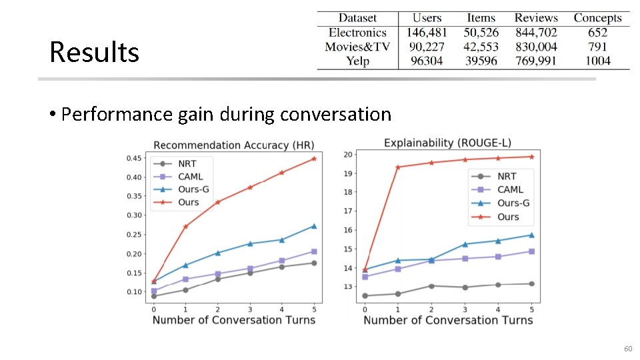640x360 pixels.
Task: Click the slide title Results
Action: point(94,52)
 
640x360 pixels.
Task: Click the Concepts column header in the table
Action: point(597,18)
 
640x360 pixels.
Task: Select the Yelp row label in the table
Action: point(357,61)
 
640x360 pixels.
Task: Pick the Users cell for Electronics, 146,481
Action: point(427,32)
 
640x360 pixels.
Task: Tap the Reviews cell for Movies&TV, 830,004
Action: point(536,47)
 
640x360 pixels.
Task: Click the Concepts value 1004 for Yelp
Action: point(597,61)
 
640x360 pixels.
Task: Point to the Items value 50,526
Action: point(481,32)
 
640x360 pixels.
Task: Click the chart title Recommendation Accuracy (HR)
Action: point(233,145)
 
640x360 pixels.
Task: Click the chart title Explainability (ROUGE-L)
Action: point(447,143)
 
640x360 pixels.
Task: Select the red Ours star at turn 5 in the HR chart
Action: point(314,159)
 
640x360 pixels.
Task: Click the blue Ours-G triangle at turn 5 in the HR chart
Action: point(314,226)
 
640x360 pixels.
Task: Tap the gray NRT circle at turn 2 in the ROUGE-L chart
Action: point(431,286)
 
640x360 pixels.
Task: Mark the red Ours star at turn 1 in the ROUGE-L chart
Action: point(398,167)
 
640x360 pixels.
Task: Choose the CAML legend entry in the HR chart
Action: point(190,177)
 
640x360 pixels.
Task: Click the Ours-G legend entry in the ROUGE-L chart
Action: point(513,203)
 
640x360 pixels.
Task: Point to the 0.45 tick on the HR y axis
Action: point(134,158)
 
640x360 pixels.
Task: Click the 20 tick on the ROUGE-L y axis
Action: point(347,155)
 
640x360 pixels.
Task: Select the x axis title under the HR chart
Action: point(233,320)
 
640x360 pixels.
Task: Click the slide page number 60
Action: point(627,349)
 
